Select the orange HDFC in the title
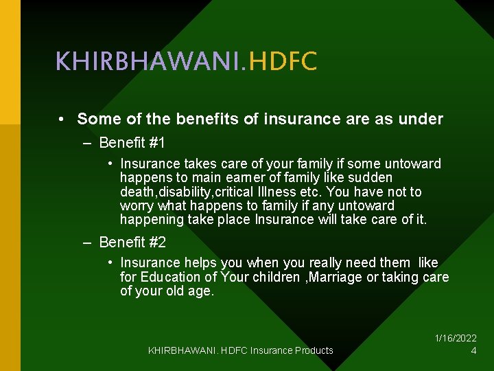coord(283,62)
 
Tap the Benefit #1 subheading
coord(132,143)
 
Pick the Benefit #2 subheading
coord(132,242)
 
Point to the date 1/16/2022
coord(456,338)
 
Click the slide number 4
coord(473,350)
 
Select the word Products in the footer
coord(314,350)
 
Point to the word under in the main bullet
coord(424,119)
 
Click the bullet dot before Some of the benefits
coord(61,120)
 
